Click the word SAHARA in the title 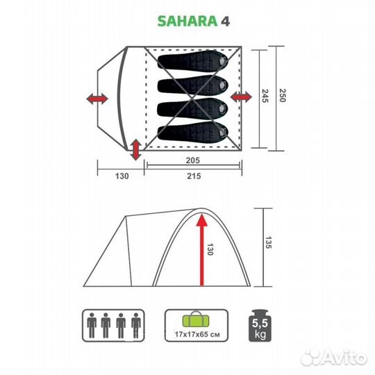click(x=176, y=20)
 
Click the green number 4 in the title click(x=226, y=20)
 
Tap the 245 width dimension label click(x=265, y=97)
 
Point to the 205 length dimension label click(x=193, y=160)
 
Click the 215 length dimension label click(x=193, y=176)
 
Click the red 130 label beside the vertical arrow click(x=209, y=249)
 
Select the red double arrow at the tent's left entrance click(x=98, y=99)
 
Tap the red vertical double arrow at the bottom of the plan click(x=136, y=147)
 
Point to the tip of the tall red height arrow click(x=202, y=217)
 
